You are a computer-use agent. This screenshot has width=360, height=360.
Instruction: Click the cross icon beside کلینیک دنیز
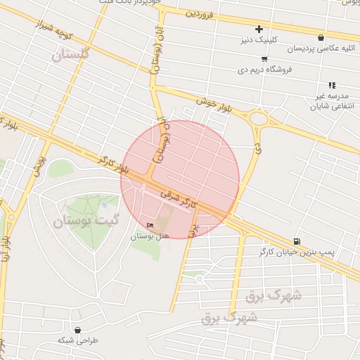tap(259, 29)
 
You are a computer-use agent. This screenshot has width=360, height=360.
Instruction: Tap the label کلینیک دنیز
tap(259, 40)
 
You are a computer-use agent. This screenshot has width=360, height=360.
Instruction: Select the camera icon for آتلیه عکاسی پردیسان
tap(321, 38)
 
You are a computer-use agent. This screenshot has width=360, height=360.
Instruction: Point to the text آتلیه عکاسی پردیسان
tap(321, 49)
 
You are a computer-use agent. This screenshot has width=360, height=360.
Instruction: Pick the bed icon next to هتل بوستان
tap(149, 225)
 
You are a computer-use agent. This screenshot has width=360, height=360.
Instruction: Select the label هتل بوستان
tap(150, 236)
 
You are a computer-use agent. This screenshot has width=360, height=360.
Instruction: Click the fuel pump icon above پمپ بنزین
tap(296, 240)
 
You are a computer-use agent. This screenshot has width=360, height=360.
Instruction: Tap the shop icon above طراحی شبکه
tap(77, 330)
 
